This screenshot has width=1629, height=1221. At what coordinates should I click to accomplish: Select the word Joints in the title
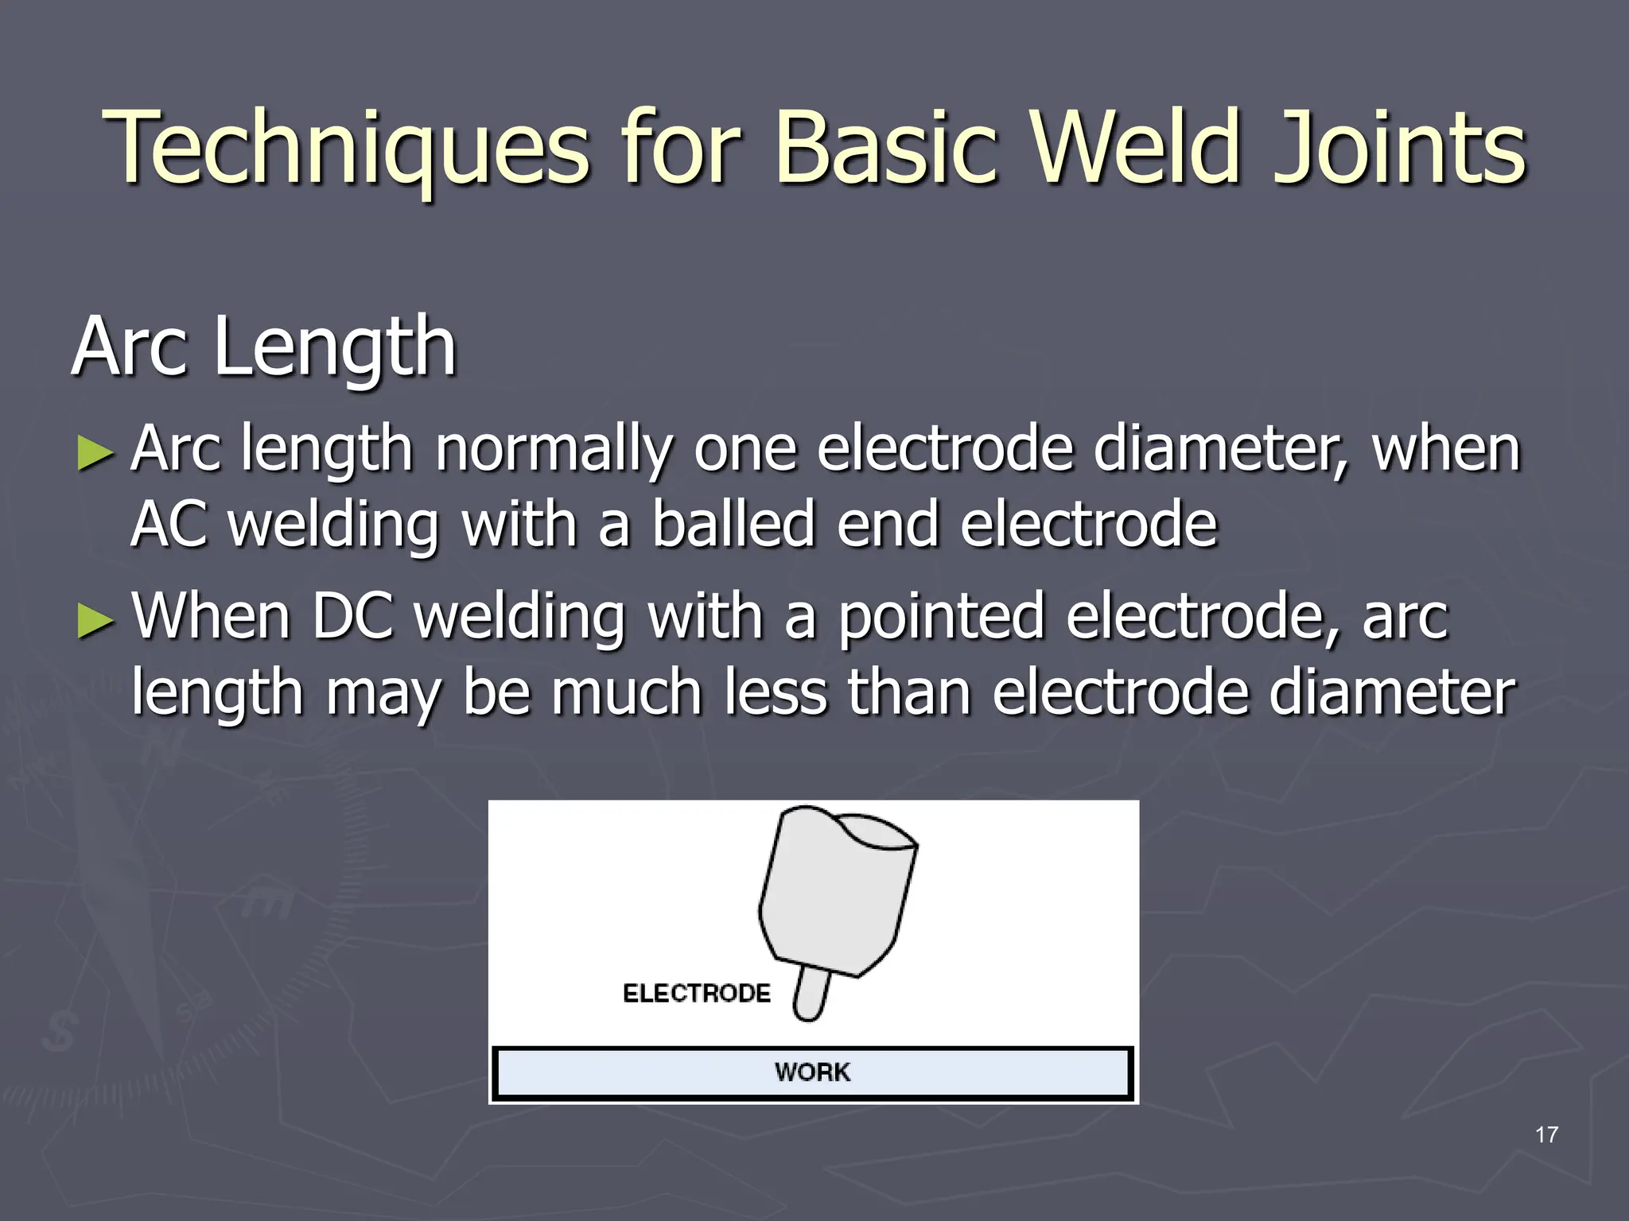coord(1400,149)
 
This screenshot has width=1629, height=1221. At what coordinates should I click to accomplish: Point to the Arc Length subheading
coord(264,347)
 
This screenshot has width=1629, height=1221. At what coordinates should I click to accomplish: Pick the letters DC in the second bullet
coord(352,616)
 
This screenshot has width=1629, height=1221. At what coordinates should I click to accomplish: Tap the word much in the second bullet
coord(627,692)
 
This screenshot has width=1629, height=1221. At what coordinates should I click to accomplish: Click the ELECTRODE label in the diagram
coord(697,993)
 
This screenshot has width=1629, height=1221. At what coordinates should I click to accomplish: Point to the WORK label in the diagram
coord(812,1072)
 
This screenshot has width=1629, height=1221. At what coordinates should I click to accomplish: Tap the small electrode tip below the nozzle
coord(811,994)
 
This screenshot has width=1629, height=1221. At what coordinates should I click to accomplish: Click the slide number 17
coord(1546,1135)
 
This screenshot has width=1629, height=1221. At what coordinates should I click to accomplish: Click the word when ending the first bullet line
coord(1445,450)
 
